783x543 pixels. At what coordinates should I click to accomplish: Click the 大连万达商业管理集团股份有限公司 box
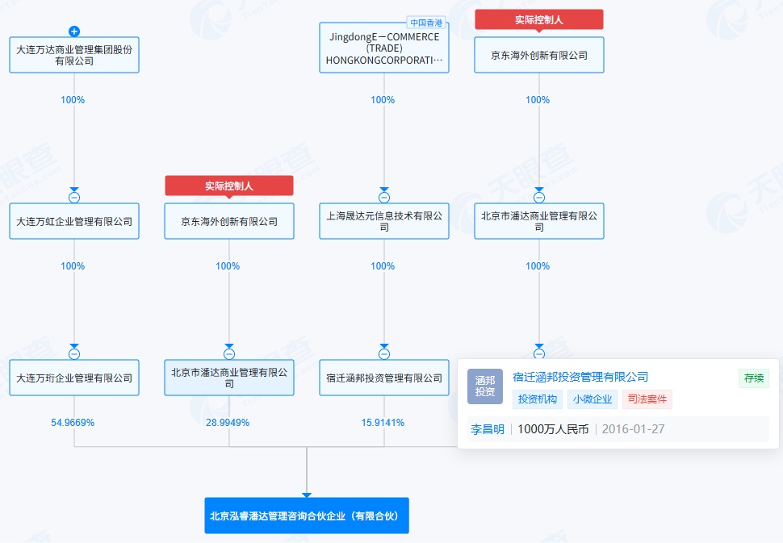(74, 55)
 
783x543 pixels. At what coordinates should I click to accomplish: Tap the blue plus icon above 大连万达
(74, 31)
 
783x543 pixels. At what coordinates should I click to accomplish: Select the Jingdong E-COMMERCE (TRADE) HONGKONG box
(384, 48)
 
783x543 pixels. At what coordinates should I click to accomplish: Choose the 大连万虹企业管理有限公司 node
(74, 221)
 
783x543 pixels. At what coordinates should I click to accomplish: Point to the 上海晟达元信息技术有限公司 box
(384, 221)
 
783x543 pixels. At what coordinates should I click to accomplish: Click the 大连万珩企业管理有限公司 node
(74, 378)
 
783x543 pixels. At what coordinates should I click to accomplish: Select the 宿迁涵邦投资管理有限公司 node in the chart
(384, 378)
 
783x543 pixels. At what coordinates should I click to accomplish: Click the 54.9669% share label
(73, 423)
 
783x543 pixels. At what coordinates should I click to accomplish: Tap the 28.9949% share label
(228, 423)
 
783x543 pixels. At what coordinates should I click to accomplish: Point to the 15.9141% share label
(383, 423)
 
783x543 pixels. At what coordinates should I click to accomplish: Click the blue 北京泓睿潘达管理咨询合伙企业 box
(307, 515)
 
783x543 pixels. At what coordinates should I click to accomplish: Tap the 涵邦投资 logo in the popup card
(484, 386)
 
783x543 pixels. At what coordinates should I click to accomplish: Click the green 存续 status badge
(753, 378)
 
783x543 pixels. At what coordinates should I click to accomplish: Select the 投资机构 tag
(538, 399)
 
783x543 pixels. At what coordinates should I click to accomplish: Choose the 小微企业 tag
(593, 399)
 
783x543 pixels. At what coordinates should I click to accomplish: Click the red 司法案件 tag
(647, 399)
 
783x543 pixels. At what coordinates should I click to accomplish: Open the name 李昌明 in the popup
(488, 429)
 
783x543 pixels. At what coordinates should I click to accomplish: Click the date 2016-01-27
(633, 429)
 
